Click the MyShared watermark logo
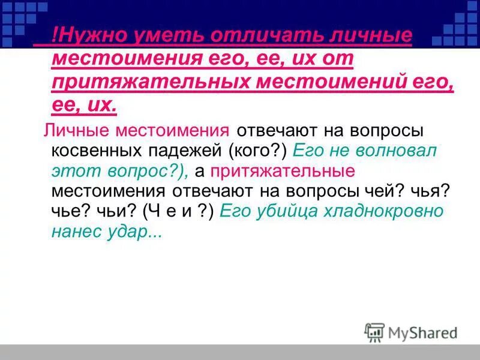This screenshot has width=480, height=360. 411,332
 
